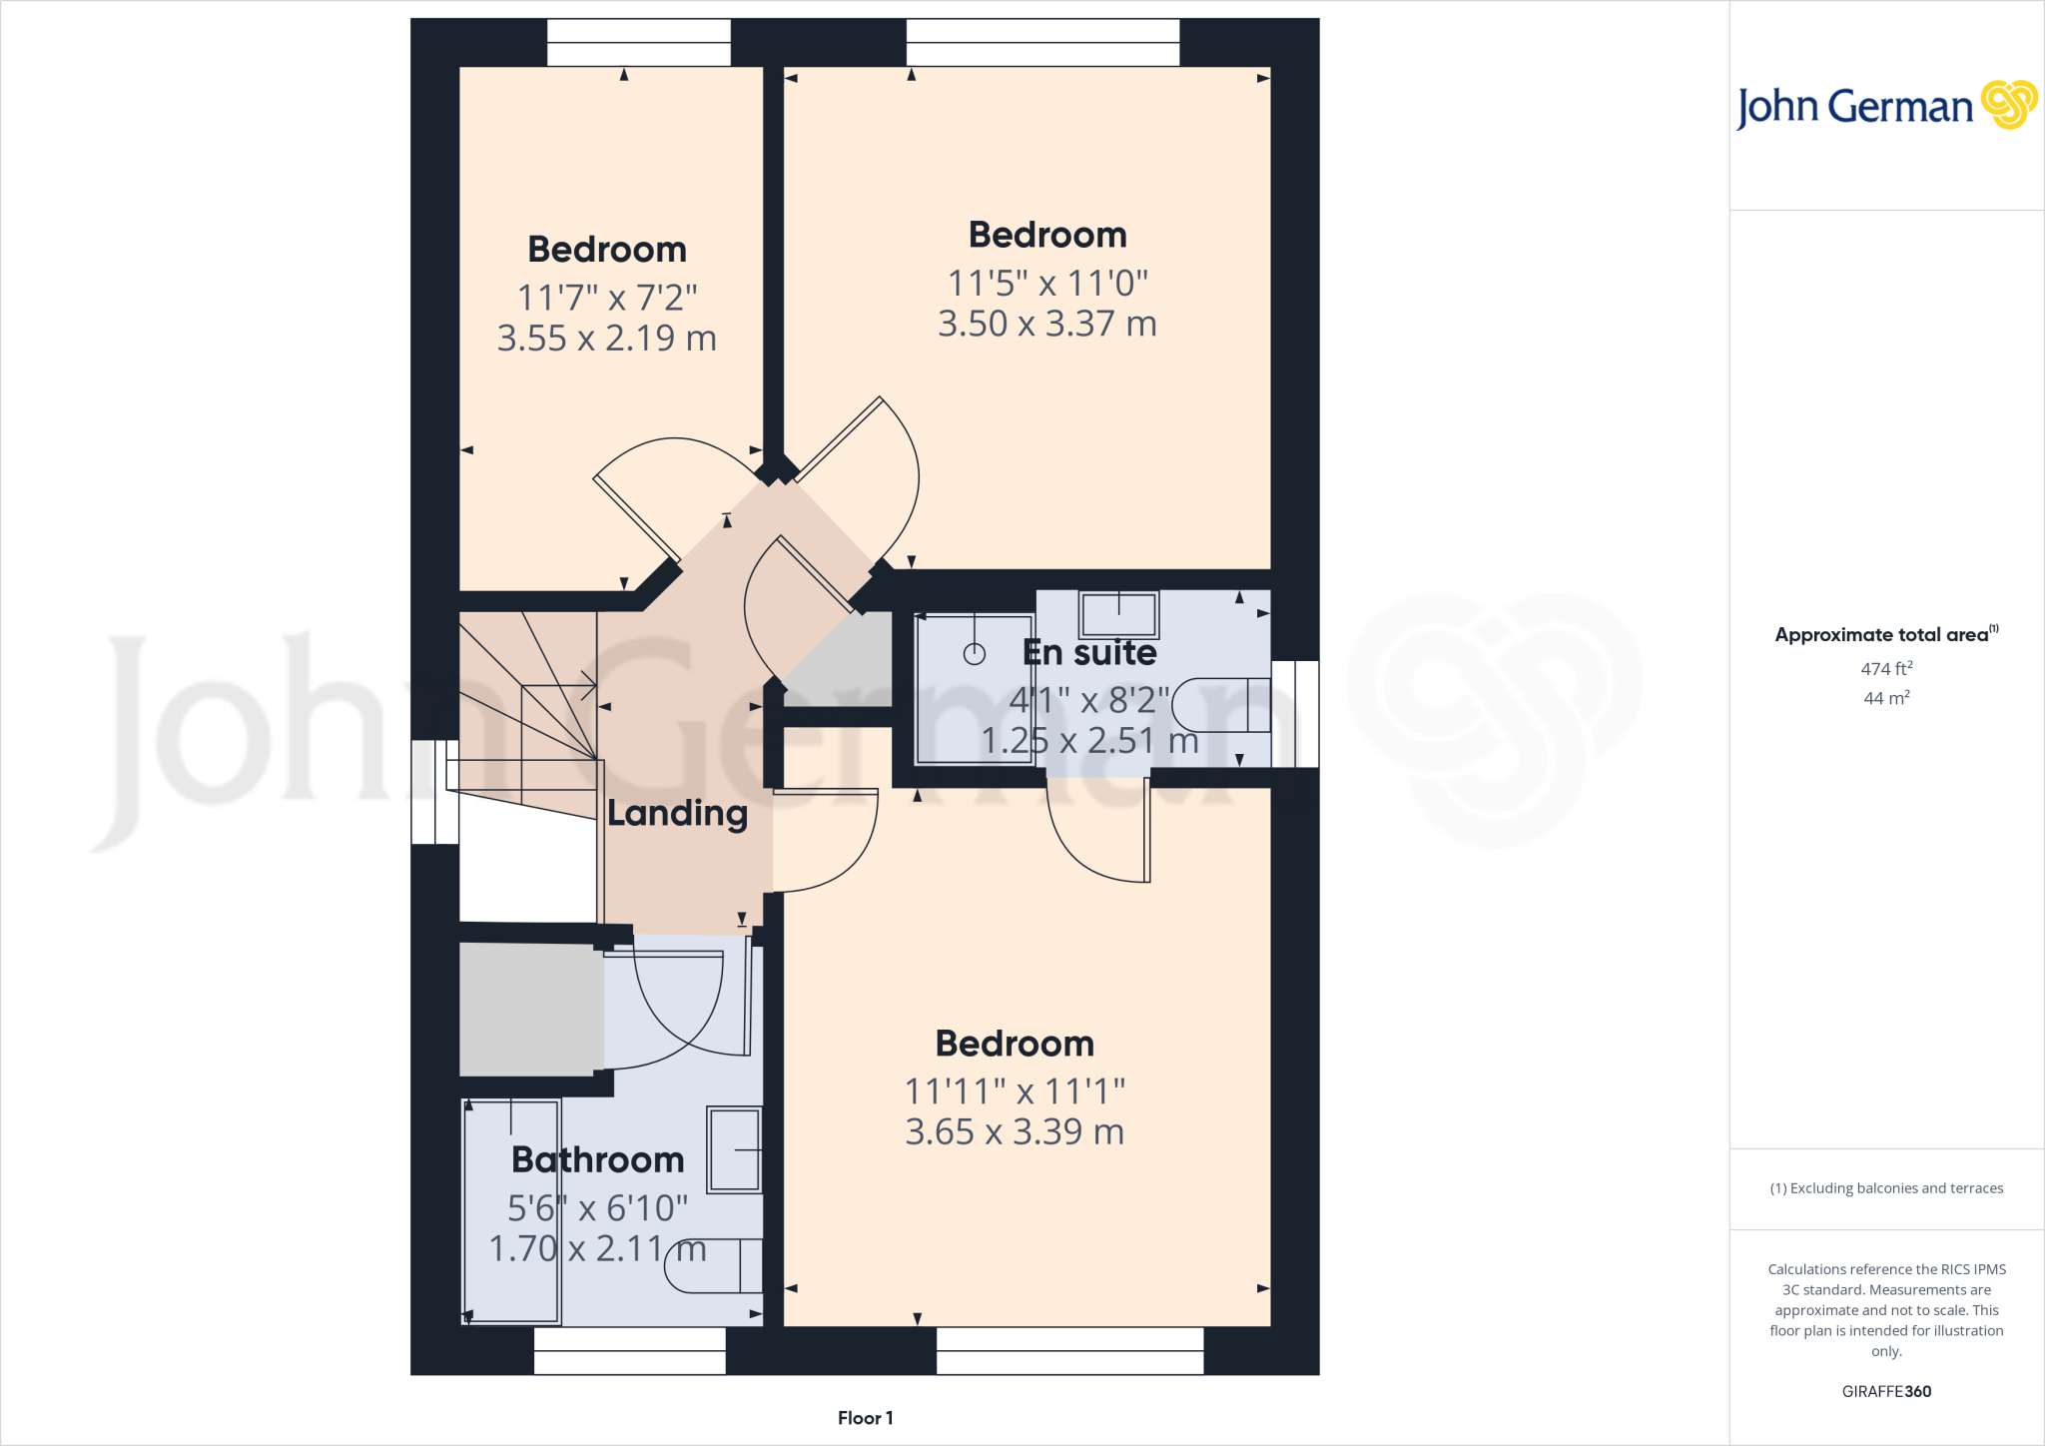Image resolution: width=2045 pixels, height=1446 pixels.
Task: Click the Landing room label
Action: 677,814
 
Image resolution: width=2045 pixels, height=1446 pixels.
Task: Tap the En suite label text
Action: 1089,653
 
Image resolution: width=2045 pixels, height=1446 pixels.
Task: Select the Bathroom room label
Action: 597,1159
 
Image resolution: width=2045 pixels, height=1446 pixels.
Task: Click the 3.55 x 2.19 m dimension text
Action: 607,339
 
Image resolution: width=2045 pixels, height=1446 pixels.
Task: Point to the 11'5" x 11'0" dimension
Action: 1047,284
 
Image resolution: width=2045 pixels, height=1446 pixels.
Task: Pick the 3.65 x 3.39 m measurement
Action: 1015,1132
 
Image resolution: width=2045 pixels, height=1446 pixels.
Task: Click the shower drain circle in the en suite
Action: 975,654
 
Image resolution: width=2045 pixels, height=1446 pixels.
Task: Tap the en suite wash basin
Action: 1118,613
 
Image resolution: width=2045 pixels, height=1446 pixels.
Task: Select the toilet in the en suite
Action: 1220,705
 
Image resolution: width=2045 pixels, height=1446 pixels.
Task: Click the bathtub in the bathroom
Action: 511,1210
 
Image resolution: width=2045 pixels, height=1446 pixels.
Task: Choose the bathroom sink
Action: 735,1149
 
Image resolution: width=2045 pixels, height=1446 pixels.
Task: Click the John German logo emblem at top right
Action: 2009,105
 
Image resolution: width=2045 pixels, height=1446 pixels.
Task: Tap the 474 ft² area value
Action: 1886,669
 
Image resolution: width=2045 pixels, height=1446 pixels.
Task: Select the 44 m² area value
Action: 1886,698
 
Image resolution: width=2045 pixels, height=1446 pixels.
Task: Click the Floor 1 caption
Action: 865,1418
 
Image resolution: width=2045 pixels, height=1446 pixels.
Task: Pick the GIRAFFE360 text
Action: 1886,1391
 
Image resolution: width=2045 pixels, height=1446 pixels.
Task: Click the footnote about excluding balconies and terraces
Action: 1886,1188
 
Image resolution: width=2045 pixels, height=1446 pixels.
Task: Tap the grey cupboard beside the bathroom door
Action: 530,1010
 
